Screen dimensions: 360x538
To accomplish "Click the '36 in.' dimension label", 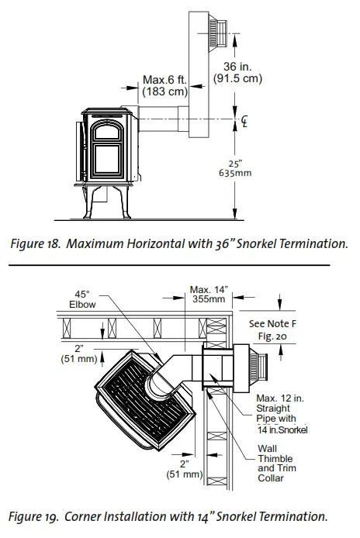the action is tap(237, 66).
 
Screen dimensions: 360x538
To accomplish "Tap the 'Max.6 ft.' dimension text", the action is tap(165, 80).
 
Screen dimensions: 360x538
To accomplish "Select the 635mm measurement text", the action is tap(235, 173).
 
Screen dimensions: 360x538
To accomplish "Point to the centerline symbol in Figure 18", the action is tap(244, 121).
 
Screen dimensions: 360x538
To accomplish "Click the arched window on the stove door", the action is tap(107, 132).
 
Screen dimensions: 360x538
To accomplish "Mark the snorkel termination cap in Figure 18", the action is tap(217, 33).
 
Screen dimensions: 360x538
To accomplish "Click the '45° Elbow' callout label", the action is tap(82, 299).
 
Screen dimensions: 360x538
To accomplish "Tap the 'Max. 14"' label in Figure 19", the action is tap(209, 290).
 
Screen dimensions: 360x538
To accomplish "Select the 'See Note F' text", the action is tap(272, 323).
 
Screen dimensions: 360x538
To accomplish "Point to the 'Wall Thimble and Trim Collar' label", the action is tap(277, 464).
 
